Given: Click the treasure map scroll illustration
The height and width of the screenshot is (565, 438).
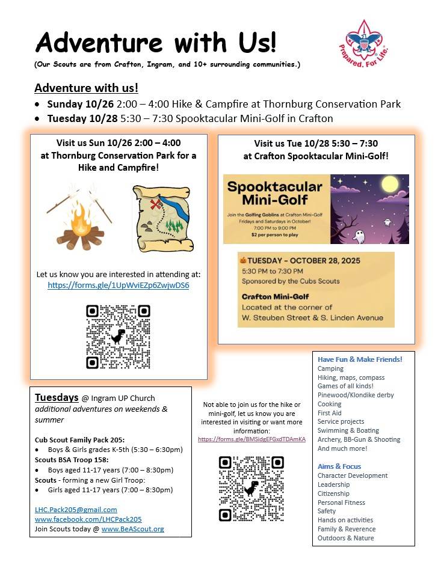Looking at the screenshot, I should (162, 218).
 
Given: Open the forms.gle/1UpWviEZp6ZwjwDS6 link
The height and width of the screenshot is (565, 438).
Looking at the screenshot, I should (119, 285).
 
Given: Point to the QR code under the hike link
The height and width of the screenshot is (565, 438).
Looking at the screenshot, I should (118, 337).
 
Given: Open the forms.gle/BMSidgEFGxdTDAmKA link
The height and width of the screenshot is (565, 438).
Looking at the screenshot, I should (251, 439).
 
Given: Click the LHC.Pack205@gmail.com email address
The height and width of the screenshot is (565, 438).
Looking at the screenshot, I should (76, 510).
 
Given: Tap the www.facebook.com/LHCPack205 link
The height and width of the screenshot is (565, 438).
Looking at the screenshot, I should (88, 519).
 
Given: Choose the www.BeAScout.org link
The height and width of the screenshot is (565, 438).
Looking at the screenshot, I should (132, 529).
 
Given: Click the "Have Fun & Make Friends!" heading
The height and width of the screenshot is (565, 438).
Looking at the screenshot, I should (360, 359).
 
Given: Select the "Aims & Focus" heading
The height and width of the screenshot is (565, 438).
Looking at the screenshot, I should (339, 466).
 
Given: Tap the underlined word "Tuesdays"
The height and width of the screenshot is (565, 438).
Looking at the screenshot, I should (57, 397).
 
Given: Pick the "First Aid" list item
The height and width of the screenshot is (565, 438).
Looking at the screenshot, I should (329, 413).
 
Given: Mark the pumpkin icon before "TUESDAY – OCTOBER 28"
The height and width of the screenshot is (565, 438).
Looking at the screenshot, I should (244, 261).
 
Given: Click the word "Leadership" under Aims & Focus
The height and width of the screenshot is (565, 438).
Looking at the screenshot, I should (333, 484).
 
